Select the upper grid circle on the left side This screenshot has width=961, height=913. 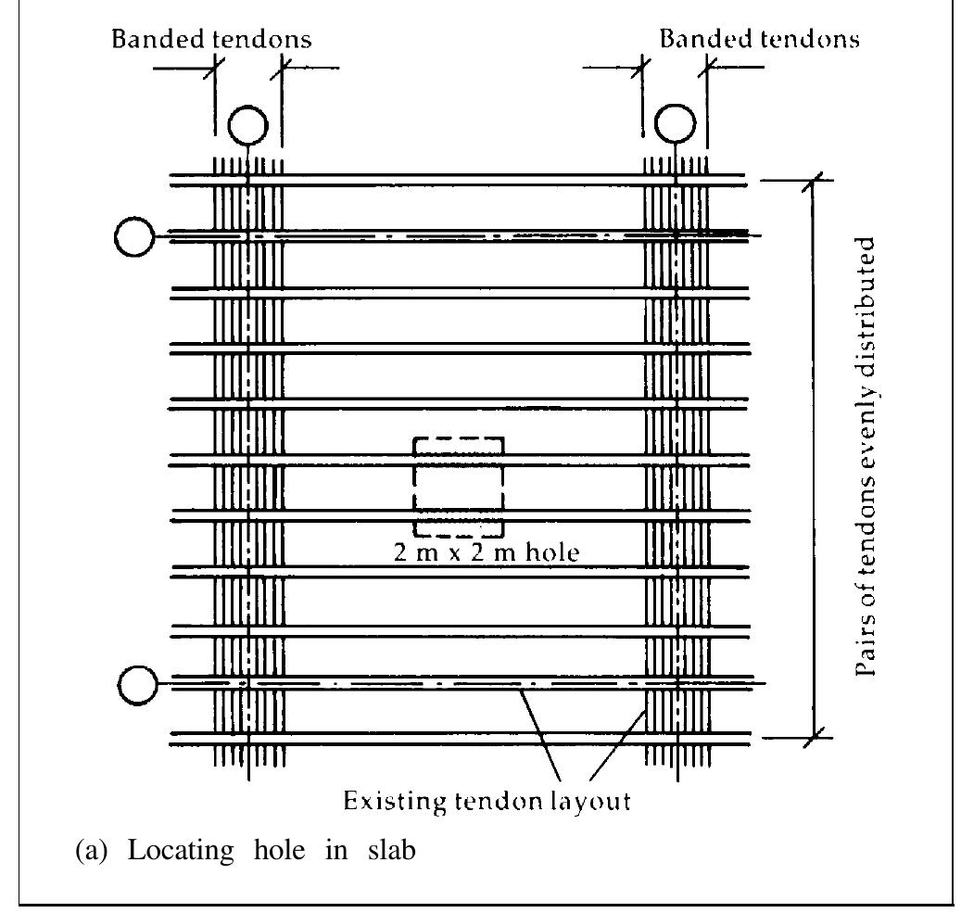point(135,237)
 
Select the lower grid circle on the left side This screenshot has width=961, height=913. point(139,684)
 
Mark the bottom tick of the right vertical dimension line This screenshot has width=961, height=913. point(815,738)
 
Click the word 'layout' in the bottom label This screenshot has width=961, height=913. point(593,801)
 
